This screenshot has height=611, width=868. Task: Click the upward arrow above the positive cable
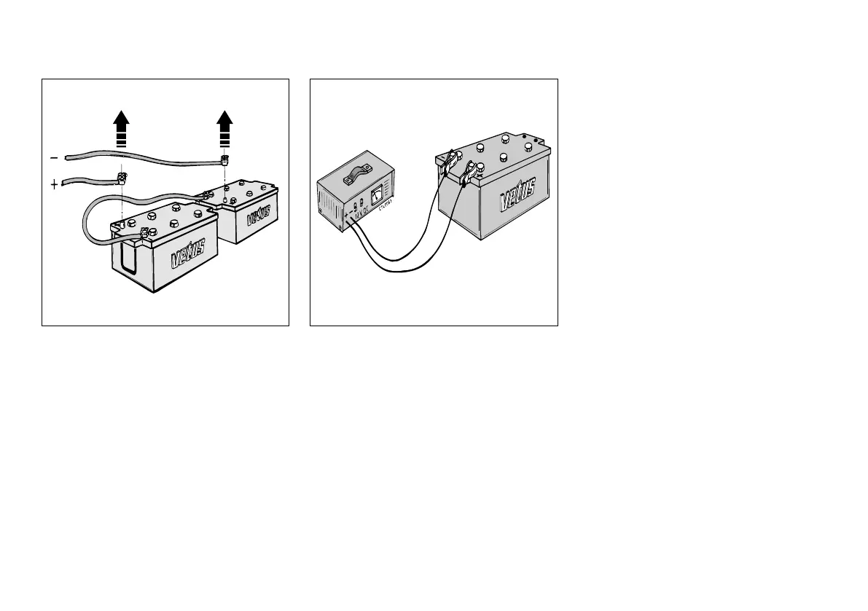(122, 128)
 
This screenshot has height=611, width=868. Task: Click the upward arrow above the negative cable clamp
(224, 128)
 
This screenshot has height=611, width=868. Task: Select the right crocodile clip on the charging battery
(468, 175)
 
